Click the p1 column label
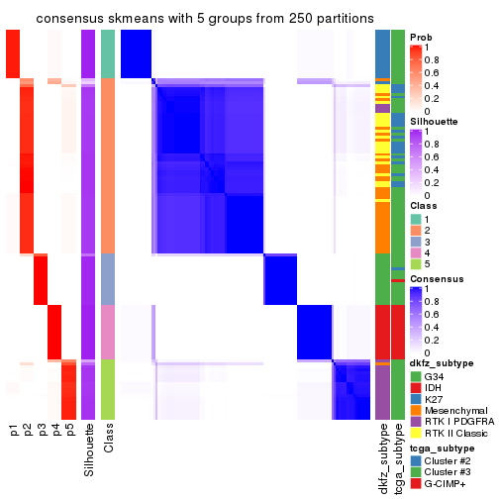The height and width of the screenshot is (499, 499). pyautogui.click(x=14, y=432)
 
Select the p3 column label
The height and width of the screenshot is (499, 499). pyautogui.click(x=42, y=432)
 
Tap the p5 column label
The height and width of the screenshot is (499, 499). pyautogui.click(x=69, y=432)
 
